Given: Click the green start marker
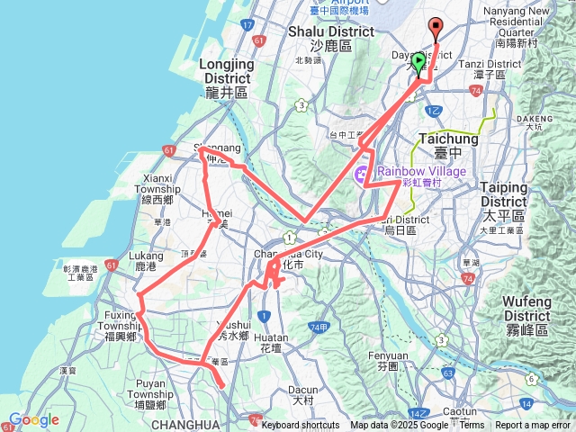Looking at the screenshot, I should [418, 62].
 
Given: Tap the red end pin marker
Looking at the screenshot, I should [436, 28].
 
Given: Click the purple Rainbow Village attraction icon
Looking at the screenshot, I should [363, 172].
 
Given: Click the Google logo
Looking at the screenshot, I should [33, 419].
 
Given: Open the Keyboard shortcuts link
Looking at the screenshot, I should [301, 426].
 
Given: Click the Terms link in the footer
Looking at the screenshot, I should [472, 426].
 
